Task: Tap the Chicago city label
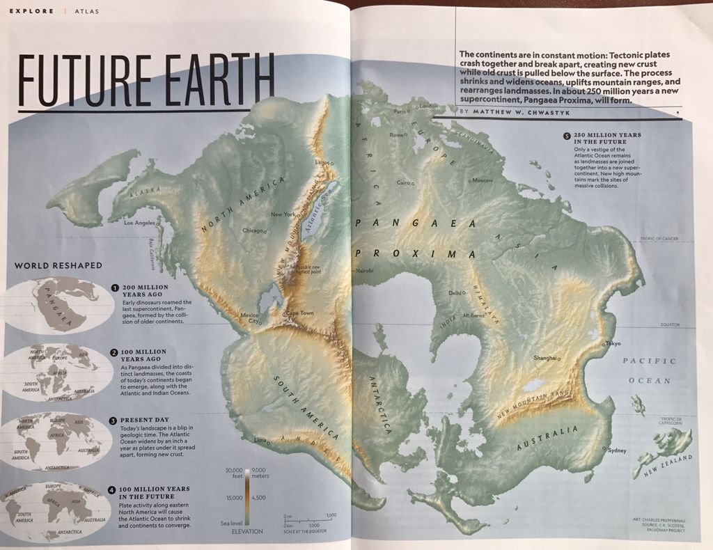(252, 230)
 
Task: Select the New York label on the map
(283, 214)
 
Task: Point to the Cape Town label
(299, 313)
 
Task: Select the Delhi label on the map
(455, 293)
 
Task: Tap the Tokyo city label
(613, 344)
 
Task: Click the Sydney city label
(617, 450)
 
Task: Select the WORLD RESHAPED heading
(58, 265)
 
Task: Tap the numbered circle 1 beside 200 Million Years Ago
(115, 287)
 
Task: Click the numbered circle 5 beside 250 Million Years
(567, 135)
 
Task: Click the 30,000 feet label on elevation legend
(232, 473)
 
